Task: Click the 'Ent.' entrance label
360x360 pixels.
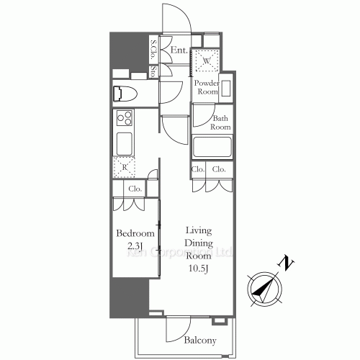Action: [x=179, y=50]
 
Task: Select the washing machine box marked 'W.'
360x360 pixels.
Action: [x=207, y=62]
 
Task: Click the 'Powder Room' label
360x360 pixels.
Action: [x=208, y=87]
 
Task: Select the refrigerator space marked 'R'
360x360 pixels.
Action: [x=125, y=167]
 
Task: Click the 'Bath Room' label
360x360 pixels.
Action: [x=220, y=122]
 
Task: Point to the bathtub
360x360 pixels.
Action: [x=211, y=147]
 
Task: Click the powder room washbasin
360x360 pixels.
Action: [x=227, y=89]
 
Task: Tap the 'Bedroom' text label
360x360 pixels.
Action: [x=135, y=234]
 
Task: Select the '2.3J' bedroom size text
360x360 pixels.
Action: [x=135, y=246]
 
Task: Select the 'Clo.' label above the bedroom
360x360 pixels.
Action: [x=135, y=189]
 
